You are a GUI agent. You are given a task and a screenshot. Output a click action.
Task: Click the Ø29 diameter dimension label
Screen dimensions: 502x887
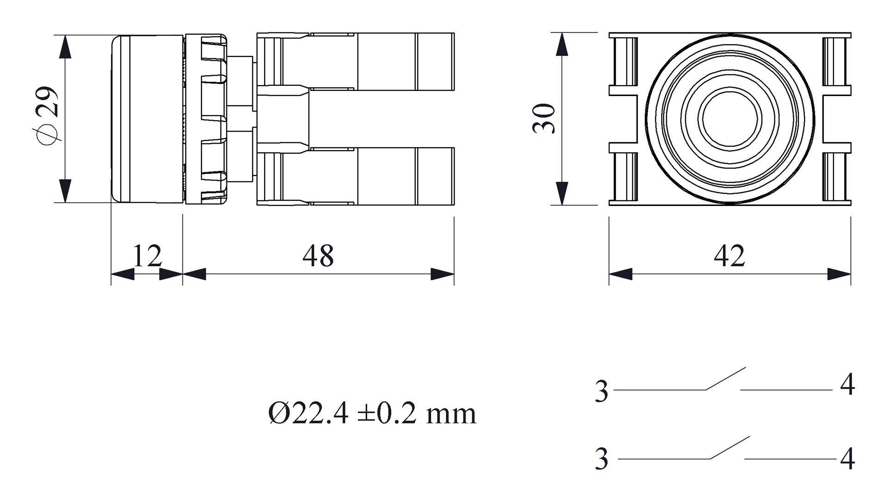[x=48, y=116]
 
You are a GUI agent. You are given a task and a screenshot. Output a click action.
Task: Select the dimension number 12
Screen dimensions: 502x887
[x=147, y=255]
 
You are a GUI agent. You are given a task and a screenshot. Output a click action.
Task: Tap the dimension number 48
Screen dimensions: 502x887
[x=318, y=256]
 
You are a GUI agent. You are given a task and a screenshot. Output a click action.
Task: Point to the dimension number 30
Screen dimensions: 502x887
[x=544, y=119]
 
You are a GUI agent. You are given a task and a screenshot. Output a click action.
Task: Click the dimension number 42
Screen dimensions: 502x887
[x=729, y=256]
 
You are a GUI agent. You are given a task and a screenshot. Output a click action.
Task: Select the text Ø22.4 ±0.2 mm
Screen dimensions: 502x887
[x=372, y=413]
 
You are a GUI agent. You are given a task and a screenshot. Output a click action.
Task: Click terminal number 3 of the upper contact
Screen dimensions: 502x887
[x=601, y=392]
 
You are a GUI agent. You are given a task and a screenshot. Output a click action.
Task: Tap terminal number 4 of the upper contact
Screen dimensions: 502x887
[x=847, y=385]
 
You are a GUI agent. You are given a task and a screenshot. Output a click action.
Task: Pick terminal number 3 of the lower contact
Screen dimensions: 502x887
[x=601, y=459]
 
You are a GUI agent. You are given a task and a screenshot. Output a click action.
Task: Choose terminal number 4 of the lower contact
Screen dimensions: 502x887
[x=847, y=459]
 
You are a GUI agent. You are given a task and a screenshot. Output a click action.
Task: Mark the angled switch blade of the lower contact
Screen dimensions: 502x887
[x=729, y=448]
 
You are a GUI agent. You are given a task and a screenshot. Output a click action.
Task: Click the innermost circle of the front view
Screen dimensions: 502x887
[x=730, y=119]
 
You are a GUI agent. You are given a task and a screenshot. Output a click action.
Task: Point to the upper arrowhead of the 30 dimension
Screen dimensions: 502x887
[x=562, y=45]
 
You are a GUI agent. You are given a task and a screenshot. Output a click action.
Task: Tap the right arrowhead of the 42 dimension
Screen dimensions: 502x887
[x=838, y=274]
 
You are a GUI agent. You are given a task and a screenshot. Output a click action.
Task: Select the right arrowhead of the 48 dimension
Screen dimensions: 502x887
[x=442, y=274]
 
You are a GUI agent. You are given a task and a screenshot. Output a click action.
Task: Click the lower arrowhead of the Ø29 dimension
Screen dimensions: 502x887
[x=66, y=191]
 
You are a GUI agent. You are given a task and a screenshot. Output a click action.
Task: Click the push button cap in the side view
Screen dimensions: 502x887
[x=147, y=119]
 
